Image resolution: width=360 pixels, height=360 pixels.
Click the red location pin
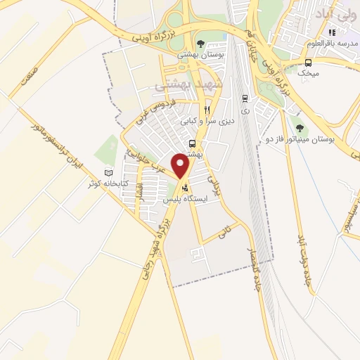[x=181, y=167]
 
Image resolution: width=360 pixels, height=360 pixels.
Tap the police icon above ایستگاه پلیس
[x=185, y=188]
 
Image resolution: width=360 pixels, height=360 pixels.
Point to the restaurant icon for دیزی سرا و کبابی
[x=207, y=110]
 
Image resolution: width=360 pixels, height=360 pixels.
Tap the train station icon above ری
[x=244, y=98]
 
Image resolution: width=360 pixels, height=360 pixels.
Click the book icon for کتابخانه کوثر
[x=108, y=173]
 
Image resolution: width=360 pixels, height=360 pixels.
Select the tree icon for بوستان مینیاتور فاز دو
[x=300, y=128]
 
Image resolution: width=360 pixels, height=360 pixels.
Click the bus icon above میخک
[x=307, y=62]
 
